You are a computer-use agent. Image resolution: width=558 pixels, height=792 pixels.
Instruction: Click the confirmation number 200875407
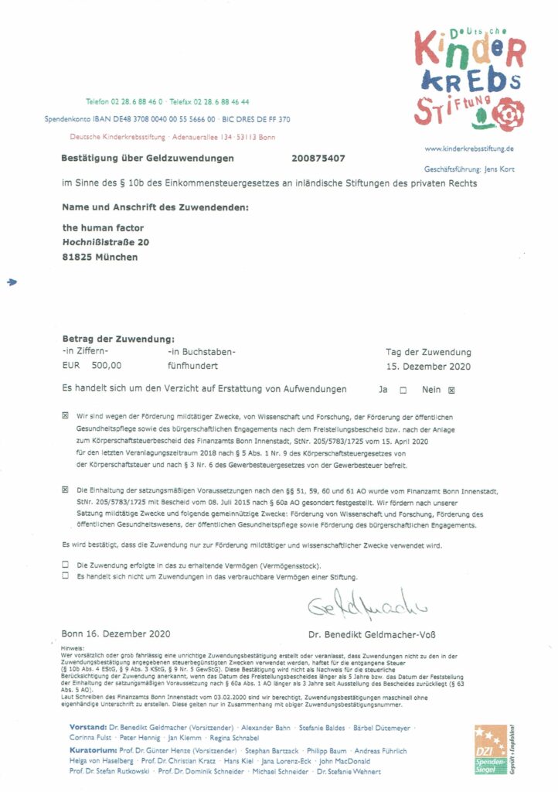(x=319, y=158)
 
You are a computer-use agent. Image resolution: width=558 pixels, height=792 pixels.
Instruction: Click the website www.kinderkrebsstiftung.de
(x=470, y=148)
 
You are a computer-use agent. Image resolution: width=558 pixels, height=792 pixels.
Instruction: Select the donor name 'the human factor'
(x=103, y=228)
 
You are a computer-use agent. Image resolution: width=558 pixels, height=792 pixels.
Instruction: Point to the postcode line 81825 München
(x=100, y=258)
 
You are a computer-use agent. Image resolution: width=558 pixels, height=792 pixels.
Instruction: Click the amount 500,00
(x=106, y=367)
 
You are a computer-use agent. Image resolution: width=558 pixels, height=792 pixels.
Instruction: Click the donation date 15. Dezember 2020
(x=427, y=367)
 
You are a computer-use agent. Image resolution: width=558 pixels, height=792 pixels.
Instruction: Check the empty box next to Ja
(x=403, y=391)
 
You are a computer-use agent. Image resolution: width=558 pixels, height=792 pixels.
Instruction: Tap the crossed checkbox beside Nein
(x=452, y=391)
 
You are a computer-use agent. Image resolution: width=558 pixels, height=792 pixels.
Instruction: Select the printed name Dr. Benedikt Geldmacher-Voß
(x=372, y=636)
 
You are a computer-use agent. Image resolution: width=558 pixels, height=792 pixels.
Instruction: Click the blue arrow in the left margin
(x=12, y=284)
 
